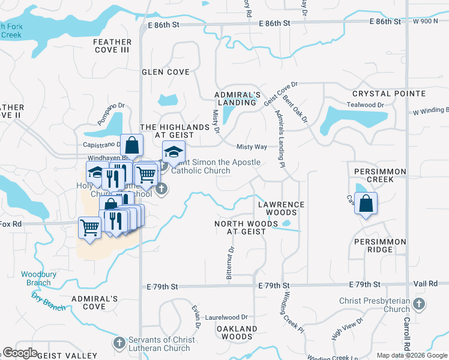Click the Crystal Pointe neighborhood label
click(389, 94)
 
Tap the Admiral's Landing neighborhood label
click(238, 98)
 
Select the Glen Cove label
click(165, 72)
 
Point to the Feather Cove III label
click(112, 46)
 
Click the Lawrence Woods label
click(281, 208)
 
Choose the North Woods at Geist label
click(246, 227)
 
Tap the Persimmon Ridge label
click(381, 245)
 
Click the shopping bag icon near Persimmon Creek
click(366, 203)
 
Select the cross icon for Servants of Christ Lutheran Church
click(119, 344)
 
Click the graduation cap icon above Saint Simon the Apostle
click(173, 152)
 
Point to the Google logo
click(20, 353)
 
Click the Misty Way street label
click(252, 147)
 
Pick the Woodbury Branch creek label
click(36, 278)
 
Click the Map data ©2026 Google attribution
click(411, 355)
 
